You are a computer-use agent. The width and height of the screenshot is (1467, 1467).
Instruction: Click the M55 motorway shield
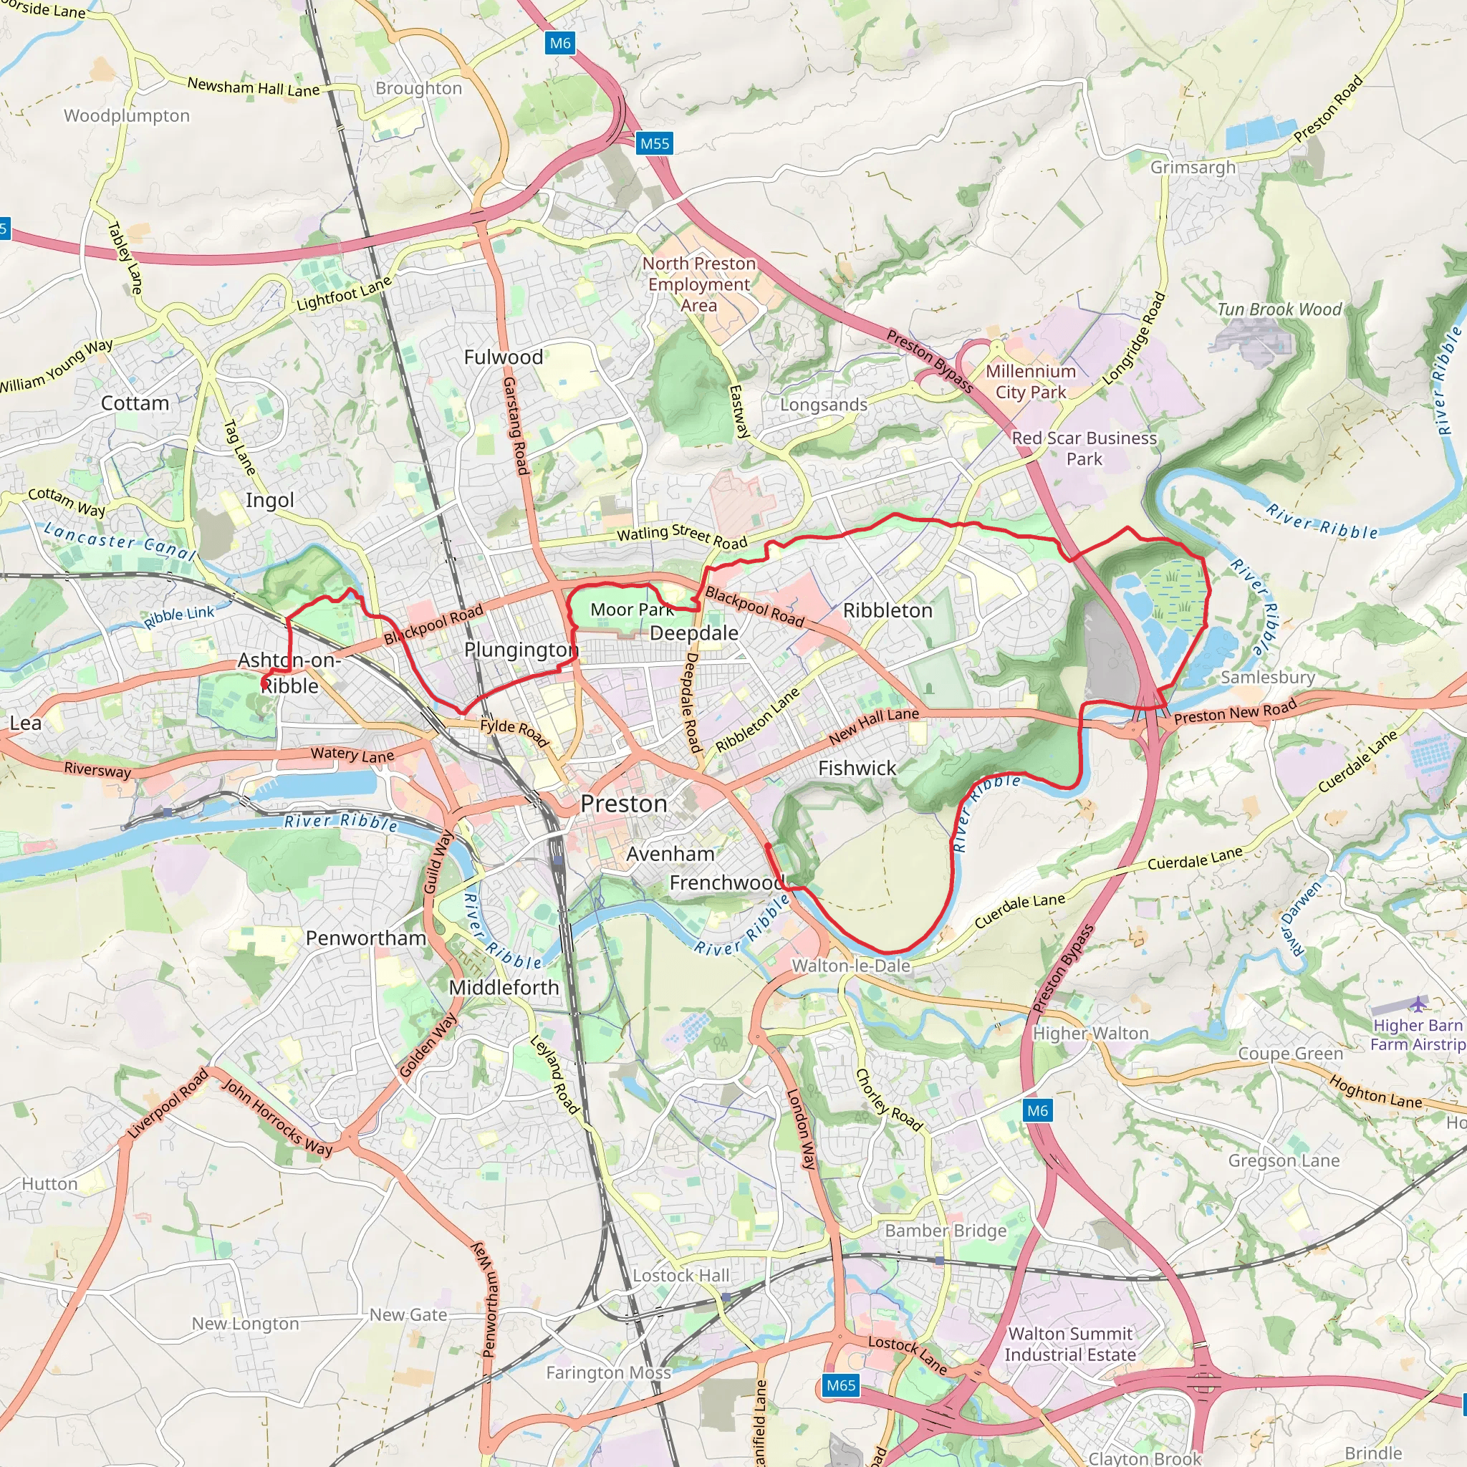point(654,143)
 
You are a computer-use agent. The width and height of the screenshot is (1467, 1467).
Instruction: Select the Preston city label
point(623,804)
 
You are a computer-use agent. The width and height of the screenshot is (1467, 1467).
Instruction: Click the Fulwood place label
point(504,357)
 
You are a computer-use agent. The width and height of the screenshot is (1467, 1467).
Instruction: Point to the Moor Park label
point(632,610)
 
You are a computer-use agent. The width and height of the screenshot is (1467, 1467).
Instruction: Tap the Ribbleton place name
point(887,610)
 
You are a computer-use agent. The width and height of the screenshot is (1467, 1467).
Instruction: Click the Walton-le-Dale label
point(850,966)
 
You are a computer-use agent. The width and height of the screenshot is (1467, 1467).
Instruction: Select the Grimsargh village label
point(1192,167)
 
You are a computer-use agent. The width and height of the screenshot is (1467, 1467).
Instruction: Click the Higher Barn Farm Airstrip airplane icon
point(1418,1004)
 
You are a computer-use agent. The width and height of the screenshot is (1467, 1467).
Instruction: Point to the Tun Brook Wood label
point(1279,309)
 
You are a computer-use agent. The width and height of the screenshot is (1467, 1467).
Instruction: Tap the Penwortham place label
point(366,938)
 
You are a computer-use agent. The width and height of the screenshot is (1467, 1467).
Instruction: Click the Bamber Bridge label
point(946,1231)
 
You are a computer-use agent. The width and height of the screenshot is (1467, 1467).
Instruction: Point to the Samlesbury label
point(1267,678)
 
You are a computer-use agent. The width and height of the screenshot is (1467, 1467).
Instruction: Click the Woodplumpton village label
point(127,116)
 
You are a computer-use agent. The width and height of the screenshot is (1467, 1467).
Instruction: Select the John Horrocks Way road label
point(277,1117)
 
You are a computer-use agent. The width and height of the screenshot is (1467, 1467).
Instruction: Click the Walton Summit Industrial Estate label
point(1070,1344)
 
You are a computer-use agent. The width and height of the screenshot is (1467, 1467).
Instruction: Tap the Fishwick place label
point(857,769)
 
